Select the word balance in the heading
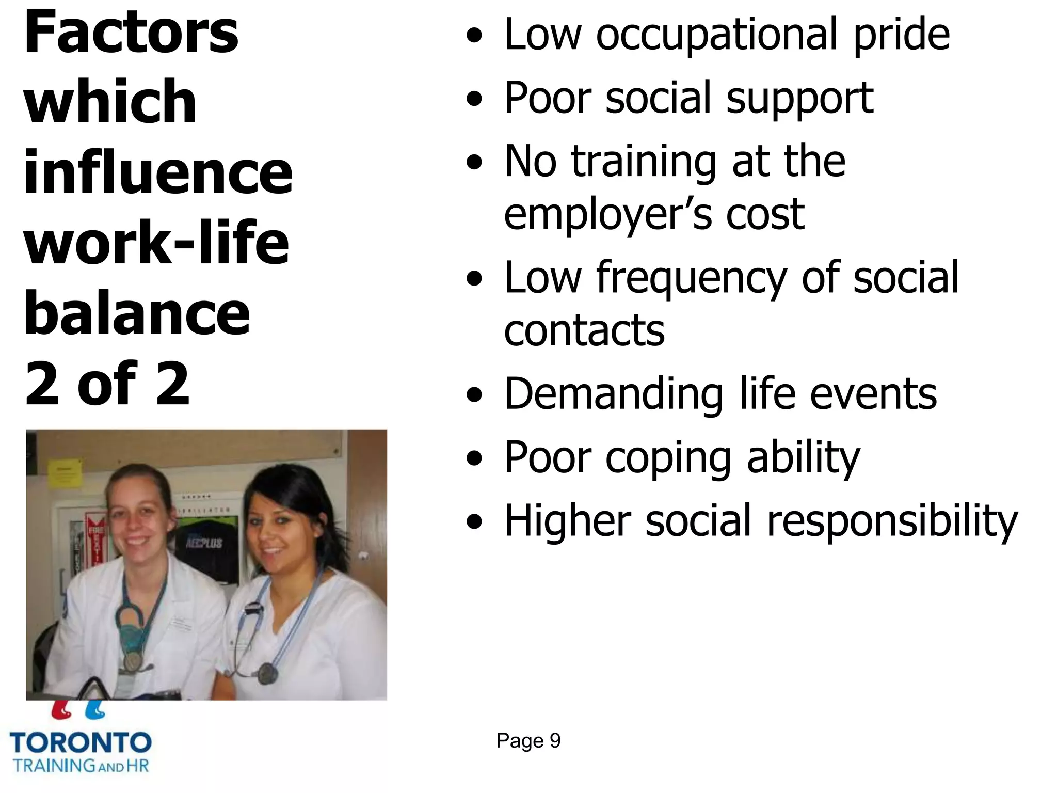pos(137,313)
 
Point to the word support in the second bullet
pos(799,99)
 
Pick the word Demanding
pos(614,394)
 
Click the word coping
pos(668,458)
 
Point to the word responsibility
pos(892,521)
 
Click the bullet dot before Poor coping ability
pos(474,457)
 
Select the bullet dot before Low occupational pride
pos(474,35)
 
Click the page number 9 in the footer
pos(555,741)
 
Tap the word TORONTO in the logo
pos(81,743)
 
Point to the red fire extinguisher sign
pos(94,537)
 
